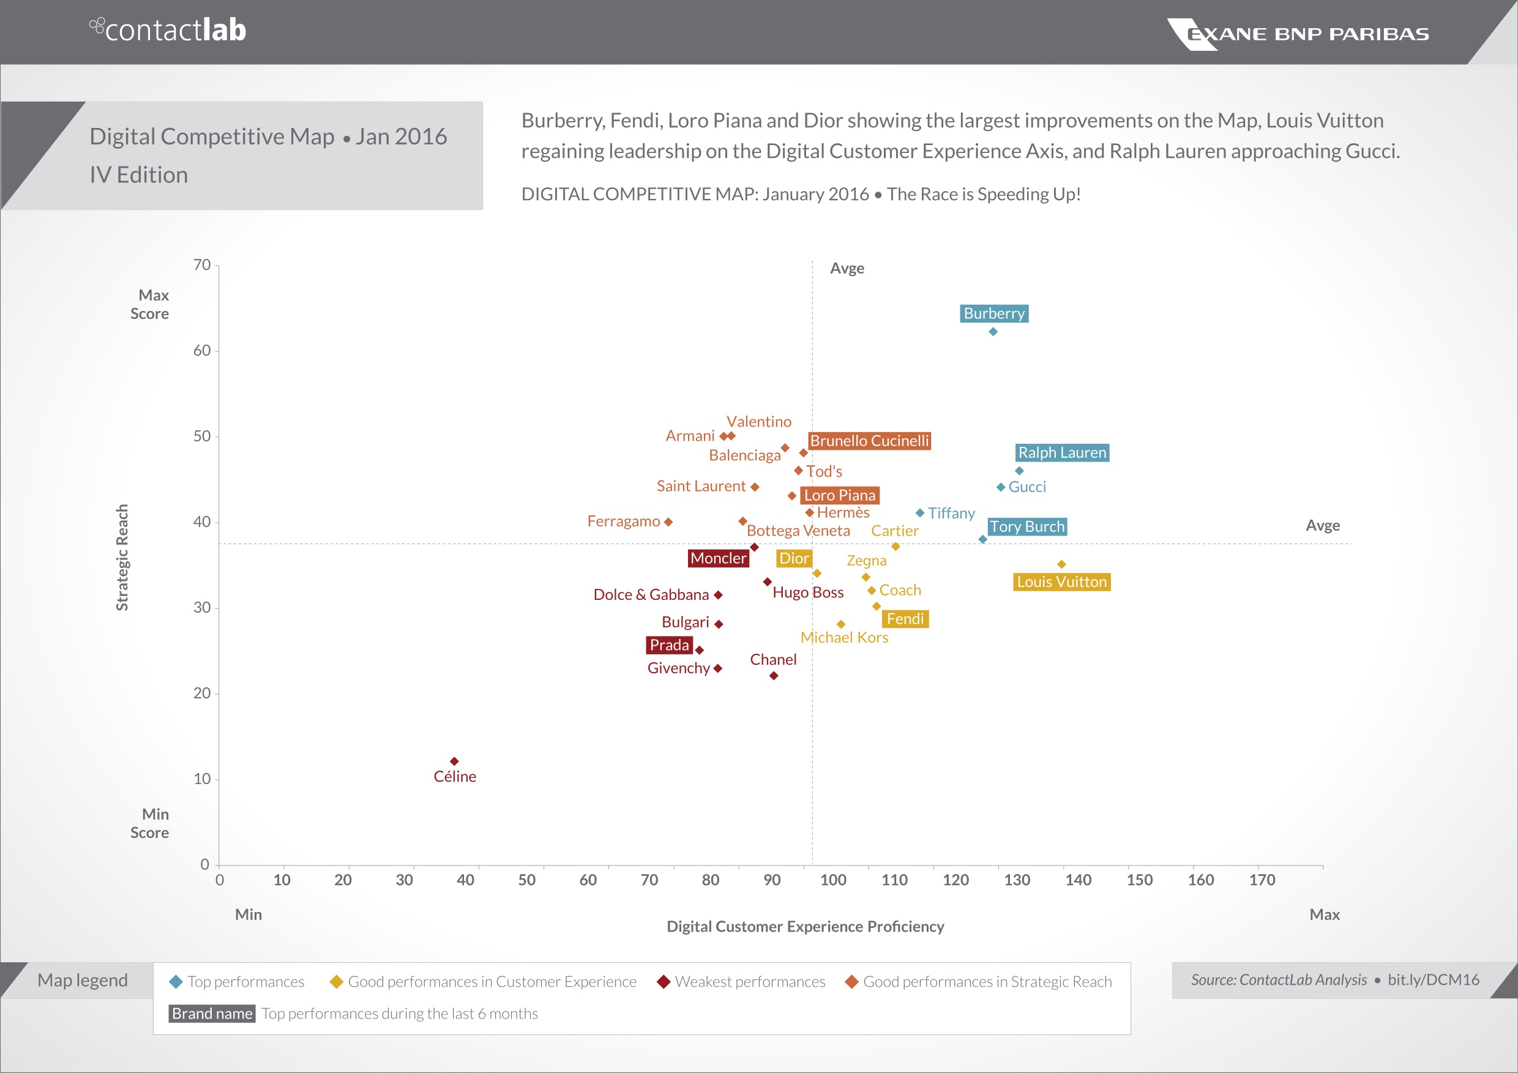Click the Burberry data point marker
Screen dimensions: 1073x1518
[993, 332]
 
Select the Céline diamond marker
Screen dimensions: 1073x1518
[454, 761]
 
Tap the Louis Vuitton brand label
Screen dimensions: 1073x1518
[1061, 581]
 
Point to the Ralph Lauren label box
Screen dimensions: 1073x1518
[1062, 453]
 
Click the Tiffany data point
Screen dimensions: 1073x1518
[919, 513]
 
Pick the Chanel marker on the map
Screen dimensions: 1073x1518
[774, 676]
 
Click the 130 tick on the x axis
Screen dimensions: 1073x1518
[1016, 880]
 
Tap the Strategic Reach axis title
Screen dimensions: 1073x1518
[122, 558]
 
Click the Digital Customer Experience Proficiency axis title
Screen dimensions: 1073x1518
[805, 926]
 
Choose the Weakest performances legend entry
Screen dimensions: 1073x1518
[742, 982]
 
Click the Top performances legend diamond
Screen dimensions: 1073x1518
[176, 982]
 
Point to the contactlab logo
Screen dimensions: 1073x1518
[168, 30]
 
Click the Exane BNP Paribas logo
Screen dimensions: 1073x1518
[1298, 34]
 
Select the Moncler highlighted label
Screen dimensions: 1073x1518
[718, 559]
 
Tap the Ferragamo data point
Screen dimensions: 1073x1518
[668, 522]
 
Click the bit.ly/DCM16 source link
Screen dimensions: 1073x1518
[1433, 980]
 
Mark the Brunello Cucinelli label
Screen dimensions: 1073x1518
[869, 441]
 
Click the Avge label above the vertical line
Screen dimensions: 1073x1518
[847, 269]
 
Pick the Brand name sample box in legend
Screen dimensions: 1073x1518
[212, 1014]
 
